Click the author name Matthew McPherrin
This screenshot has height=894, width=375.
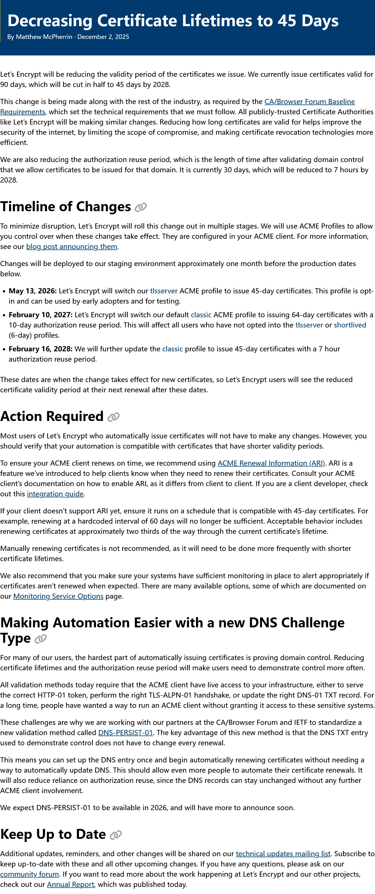44,37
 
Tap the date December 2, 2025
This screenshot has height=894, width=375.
103,37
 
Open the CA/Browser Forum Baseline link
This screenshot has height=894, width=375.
309,102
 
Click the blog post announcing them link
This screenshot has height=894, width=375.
72,247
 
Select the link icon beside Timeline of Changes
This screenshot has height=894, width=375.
141,207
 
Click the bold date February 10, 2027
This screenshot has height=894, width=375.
40,315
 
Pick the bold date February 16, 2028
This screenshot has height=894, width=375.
40,349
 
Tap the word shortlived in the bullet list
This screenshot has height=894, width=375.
350,325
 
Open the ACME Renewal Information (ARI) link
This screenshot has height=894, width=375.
271,463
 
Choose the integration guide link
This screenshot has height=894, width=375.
55,494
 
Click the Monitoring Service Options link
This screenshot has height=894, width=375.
58,596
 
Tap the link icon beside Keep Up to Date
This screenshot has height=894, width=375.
116,835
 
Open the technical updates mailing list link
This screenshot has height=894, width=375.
283,854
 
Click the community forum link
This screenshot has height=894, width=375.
30,874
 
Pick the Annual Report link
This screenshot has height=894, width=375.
70,885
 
